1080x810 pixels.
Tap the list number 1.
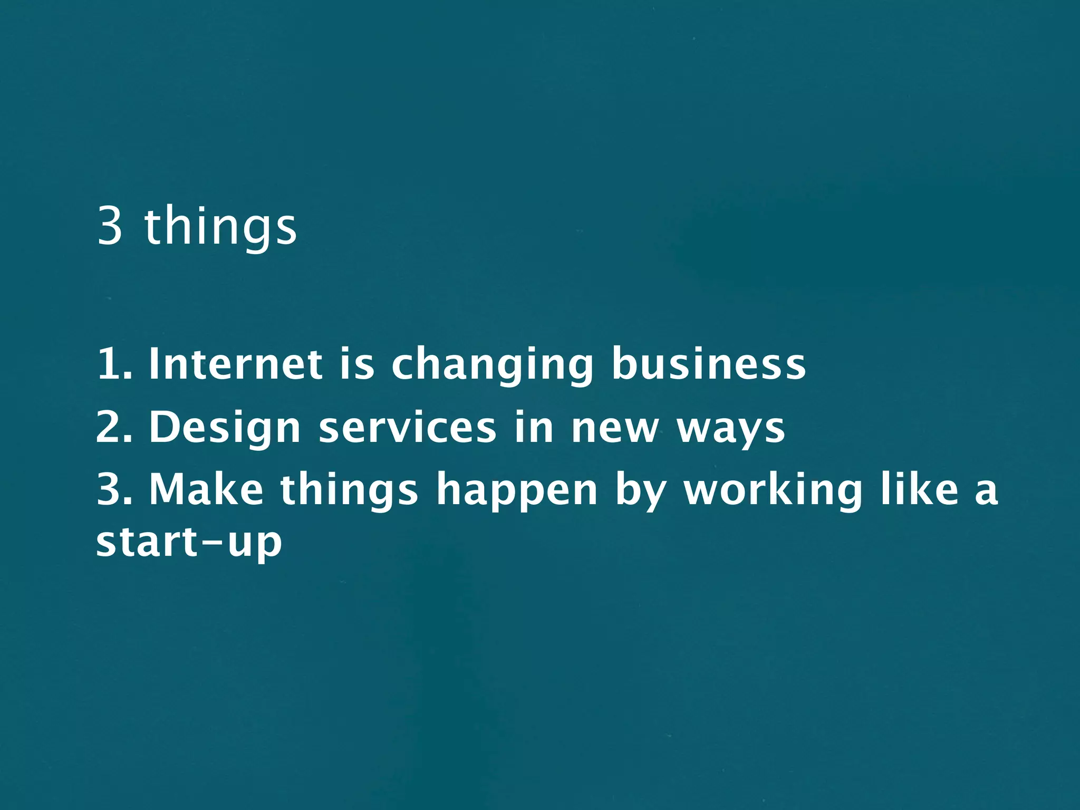(113, 364)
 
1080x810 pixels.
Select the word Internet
(235, 364)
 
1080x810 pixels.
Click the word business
(708, 364)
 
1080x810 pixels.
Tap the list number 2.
(113, 427)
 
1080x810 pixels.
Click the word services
(407, 427)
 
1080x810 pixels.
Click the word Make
(206, 490)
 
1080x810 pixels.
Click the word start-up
(188, 543)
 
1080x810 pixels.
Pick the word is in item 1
(356, 364)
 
